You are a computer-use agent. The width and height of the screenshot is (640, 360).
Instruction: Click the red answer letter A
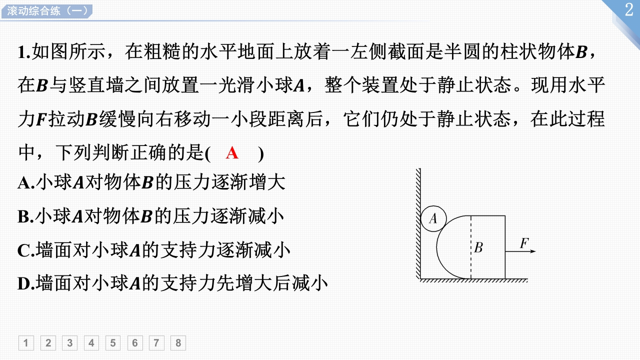(x=232, y=153)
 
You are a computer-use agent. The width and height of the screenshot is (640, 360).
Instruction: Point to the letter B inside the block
(x=478, y=247)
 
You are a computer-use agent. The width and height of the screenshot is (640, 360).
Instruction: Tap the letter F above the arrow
(x=524, y=243)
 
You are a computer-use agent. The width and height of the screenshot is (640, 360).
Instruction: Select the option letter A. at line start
(x=25, y=183)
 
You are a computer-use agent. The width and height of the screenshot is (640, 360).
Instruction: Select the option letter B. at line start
(x=25, y=217)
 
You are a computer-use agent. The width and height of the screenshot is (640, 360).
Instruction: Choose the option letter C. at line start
(x=25, y=250)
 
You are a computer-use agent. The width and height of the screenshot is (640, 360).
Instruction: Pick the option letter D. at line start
(x=25, y=284)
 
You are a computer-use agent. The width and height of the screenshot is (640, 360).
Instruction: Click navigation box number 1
(x=26, y=343)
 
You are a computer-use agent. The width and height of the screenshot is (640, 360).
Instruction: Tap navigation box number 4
(x=91, y=343)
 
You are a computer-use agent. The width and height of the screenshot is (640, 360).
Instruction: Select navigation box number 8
(x=178, y=343)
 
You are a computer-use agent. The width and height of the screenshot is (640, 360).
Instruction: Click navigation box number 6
(x=134, y=343)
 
